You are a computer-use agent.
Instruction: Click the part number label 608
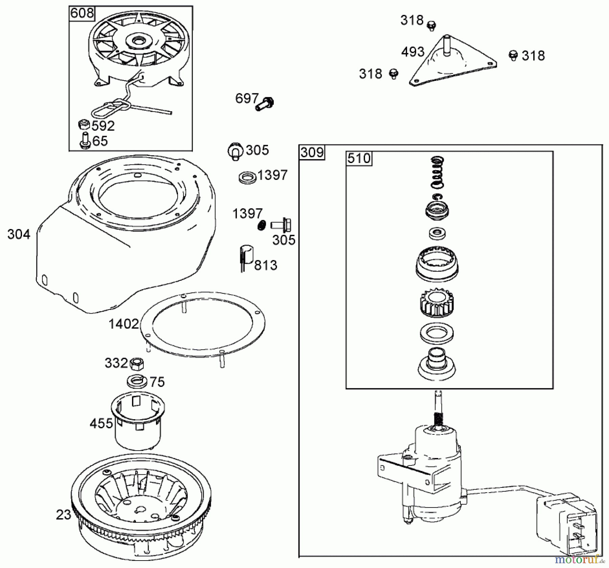[82, 14]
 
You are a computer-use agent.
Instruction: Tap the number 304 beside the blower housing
[19, 234]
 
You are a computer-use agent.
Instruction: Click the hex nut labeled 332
[137, 364]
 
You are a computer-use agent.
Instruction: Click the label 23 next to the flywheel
[64, 515]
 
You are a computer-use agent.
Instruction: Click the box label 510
[359, 158]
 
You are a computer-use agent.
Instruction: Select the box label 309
[312, 152]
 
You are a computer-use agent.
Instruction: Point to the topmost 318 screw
[431, 25]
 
